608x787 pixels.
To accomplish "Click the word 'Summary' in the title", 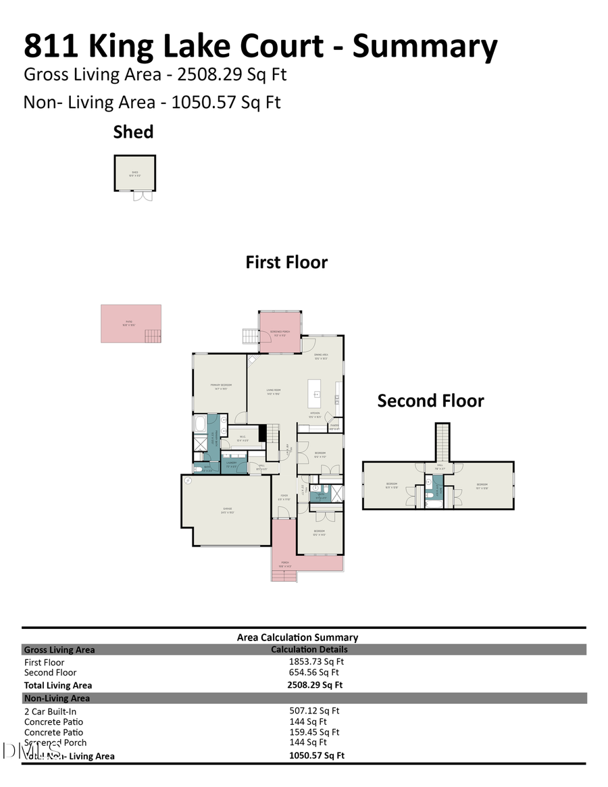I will coord(425,46).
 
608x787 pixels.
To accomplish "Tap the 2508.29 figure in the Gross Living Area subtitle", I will coord(204,74).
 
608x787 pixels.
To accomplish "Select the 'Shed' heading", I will coord(133,132).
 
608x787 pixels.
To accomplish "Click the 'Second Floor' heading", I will coord(430,401).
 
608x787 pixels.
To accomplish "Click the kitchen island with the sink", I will coord(314,393).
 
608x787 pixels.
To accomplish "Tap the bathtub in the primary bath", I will coord(200,425).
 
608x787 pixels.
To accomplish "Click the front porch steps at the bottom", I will coord(284,576).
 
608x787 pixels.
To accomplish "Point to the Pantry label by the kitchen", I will coord(334,426).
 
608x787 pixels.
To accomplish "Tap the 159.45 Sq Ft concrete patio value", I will coord(314,732).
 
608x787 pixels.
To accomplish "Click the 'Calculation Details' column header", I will coord(309,650).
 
